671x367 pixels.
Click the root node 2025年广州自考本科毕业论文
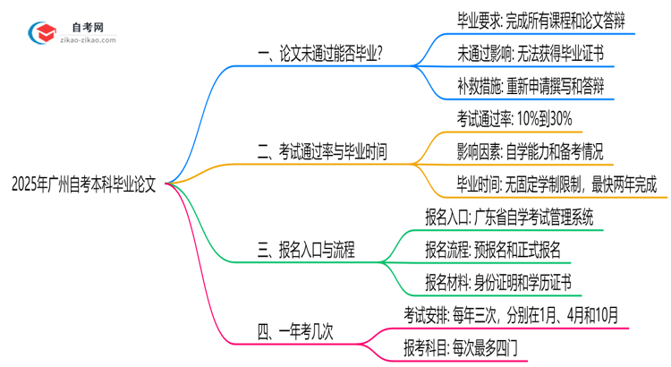(84, 185)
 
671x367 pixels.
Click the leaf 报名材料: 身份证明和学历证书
(498, 284)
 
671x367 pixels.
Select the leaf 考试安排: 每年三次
(510, 315)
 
